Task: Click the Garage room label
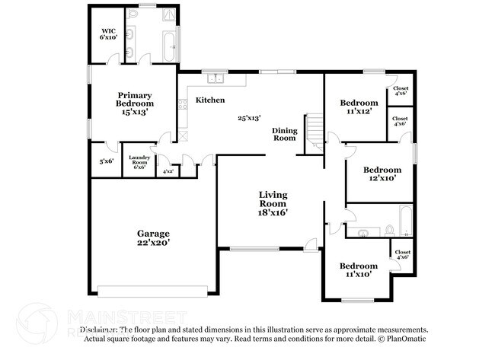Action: click(x=153, y=237)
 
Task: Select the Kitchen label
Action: click(x=209, y=100)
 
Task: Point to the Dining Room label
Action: click(x=284, y=135)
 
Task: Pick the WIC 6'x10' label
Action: click(x=108, y=33)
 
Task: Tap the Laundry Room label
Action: click(x=139, y=161)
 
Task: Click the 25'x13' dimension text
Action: click(x=249, y=118)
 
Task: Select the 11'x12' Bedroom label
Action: click(x=359, y=107)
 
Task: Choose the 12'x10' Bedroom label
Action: click(x=382, y=174)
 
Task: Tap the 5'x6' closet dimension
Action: click(x=106, y=161)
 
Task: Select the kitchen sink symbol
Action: click(x=216, y=77)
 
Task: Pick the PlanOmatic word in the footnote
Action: click(x=409, y=337)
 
